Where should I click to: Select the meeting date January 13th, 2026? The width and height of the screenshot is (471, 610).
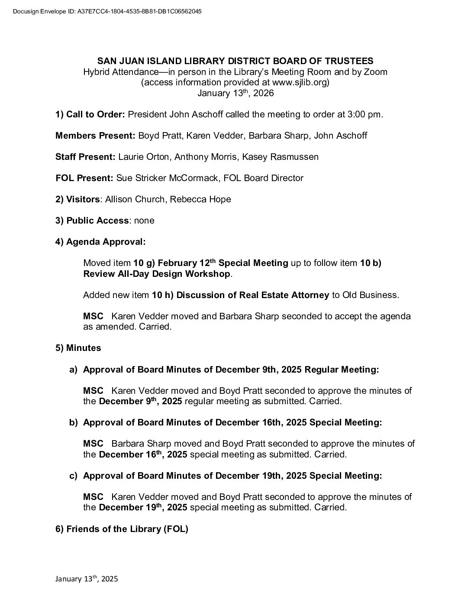(x=235, y=93)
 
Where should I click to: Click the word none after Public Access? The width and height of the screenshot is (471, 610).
(x=144, y=221)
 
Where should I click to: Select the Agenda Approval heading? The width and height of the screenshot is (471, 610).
(x=100, y=242)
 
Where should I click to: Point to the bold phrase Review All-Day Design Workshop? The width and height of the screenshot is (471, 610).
(x=157, y=274)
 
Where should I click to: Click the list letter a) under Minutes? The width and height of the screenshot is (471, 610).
(x=73, y=370)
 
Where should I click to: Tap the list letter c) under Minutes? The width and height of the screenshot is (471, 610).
(x=73, y=476)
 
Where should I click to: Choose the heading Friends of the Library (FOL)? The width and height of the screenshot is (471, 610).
(x=122, y=529)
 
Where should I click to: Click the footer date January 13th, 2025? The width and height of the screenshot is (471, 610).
(x=87, y=579)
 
